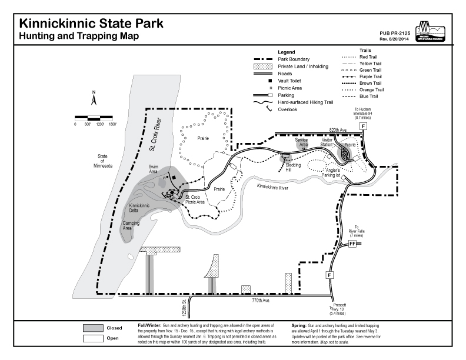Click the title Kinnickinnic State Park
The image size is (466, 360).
[91, 24]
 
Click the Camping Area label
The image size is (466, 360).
[131, 226]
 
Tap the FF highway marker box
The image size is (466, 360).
[352, 244]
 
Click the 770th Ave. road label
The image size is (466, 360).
[259, 301]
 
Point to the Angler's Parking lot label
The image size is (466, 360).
[331, 172]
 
